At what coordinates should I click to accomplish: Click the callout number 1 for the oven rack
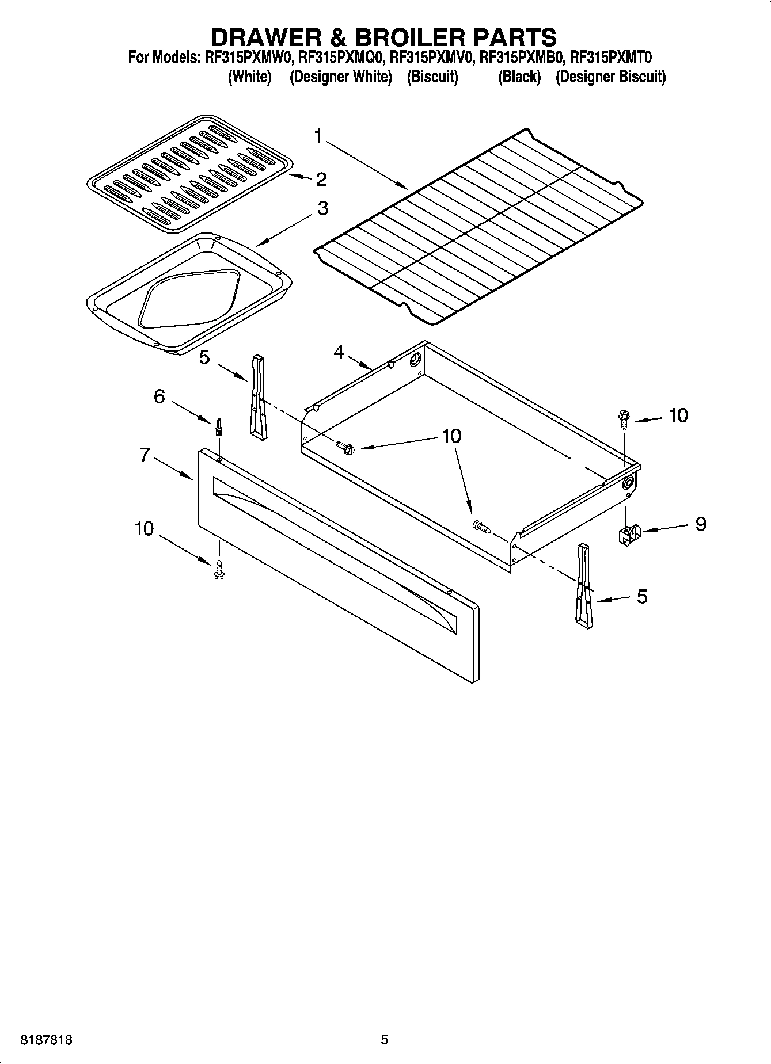(318, 137)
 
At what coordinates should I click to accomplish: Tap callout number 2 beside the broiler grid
(321, 180)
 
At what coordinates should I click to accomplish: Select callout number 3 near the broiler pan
(322, 208)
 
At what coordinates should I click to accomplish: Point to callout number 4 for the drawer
(339, 352)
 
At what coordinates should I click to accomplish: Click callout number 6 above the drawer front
(159, 396)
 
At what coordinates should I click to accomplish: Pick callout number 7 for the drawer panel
(144, 455)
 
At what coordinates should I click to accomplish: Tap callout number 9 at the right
(700, 524)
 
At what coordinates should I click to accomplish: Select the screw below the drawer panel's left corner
(218, 570)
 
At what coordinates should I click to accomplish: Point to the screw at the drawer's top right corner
(624, 418)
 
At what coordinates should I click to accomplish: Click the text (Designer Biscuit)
(610, 77)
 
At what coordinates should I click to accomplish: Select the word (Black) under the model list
(519, 77)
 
